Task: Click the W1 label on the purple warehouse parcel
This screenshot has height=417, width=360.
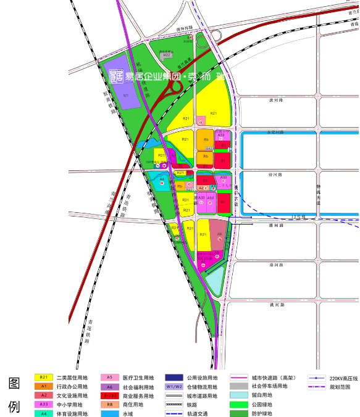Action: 125,96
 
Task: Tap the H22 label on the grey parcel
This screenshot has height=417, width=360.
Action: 167,56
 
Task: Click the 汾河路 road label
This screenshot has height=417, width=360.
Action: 276,174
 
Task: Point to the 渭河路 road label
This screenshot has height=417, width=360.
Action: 276,226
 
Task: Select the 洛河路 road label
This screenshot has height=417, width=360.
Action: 276,265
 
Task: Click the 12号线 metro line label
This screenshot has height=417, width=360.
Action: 298,217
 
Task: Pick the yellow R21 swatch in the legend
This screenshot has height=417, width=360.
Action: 43,377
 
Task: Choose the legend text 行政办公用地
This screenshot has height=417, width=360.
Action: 72,387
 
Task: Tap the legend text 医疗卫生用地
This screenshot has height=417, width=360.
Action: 139,378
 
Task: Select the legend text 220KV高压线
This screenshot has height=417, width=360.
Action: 344,378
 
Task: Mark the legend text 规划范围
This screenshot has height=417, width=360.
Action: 340,387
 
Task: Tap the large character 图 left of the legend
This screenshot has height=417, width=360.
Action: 14,383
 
